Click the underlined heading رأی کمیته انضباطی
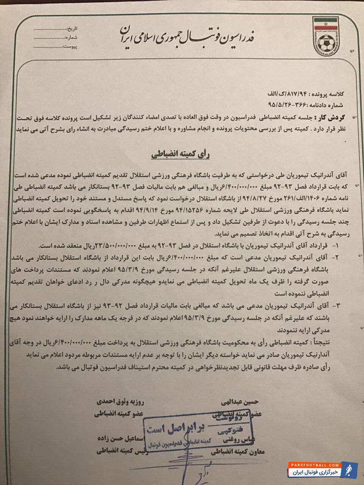point(181,155)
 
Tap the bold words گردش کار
point(331,118)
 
